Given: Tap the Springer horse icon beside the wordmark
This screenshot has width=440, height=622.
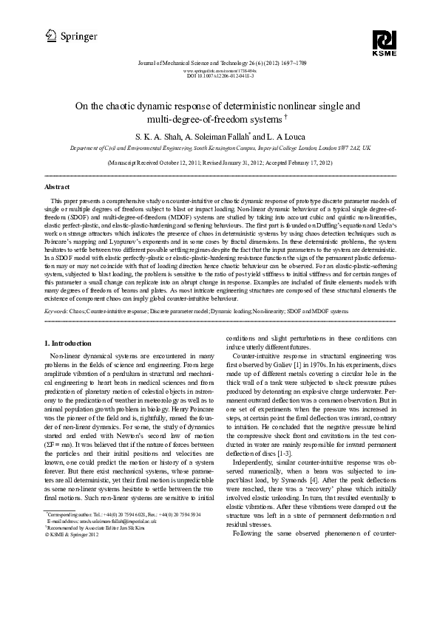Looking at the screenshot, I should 50,33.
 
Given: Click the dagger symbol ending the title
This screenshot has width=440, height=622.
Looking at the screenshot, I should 286,117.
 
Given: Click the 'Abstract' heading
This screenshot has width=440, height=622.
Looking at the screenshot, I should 58,187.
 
